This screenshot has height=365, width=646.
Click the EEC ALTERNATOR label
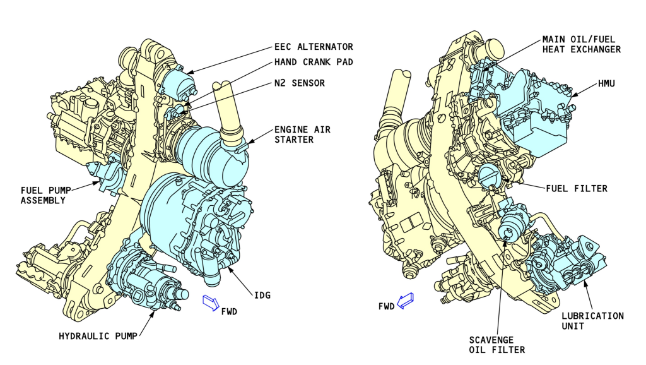[x=314, y=47]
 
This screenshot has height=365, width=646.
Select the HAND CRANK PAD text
[x=314, y=62]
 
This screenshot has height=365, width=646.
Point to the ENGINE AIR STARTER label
[x=302, y=135]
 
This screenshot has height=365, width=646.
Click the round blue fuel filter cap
[x=489, y=174]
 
